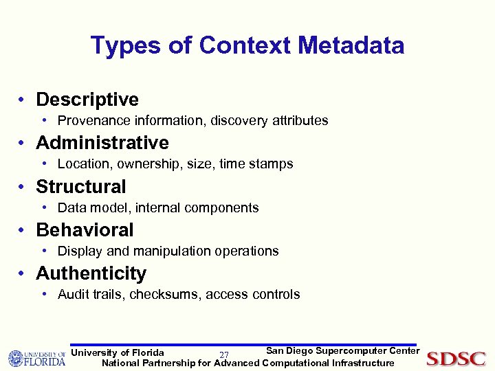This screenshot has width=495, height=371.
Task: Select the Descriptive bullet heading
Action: click(87, 100)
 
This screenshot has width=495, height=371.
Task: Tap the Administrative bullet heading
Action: click(102, 143)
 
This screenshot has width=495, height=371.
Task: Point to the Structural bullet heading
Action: click(81, 186)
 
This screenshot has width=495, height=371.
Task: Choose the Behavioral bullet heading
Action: click(85, 229)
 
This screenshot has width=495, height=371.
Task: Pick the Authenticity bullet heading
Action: click(91, 273)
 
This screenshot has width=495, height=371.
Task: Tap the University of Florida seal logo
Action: click(16, 359)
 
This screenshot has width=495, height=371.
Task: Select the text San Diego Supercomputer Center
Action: click(342, 351)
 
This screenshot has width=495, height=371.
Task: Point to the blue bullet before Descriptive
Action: click(23, 100)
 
